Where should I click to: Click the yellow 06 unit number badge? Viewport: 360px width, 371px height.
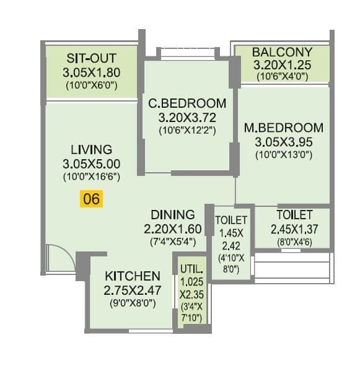click(90, 199)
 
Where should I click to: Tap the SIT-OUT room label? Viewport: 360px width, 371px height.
click(92, 58)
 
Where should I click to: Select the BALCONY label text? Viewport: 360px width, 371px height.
click(282, 51)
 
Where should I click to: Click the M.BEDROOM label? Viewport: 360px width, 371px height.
click(283, 128)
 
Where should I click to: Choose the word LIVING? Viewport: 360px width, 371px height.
click(91, 149)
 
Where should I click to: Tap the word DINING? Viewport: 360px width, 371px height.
click(172, 214)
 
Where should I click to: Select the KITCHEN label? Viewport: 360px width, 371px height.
click(133, 276)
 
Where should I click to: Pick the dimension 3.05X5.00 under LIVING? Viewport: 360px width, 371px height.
click(91, 164)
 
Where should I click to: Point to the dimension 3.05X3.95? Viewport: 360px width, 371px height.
click(283, 142)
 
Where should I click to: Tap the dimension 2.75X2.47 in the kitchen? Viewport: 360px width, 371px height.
click(133, 289)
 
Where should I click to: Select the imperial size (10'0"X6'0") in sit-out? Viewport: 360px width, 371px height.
click(92, 85)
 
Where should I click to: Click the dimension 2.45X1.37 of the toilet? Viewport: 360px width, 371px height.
click(294, 229)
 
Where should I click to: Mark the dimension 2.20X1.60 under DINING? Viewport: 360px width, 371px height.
click(172, 228)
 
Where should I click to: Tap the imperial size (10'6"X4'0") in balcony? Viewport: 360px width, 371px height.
click(282, 77)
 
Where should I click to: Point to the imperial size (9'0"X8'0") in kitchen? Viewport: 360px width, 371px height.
click(133, 303)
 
